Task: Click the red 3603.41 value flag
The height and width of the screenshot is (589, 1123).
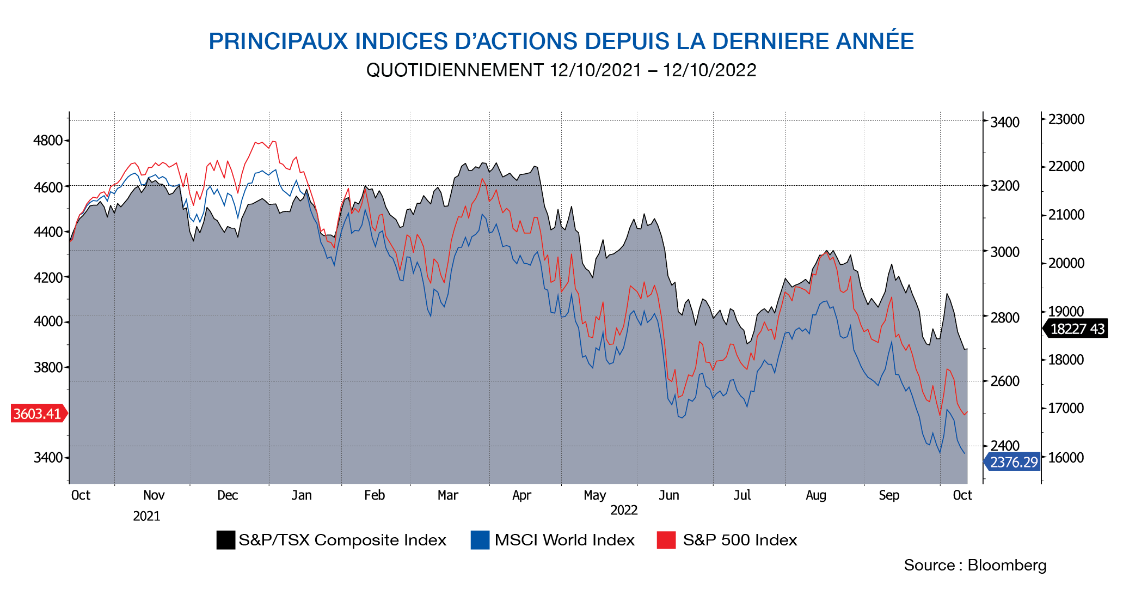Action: click(x=38, y=414)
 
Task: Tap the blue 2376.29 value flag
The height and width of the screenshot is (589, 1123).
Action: click(x=1013, y=462)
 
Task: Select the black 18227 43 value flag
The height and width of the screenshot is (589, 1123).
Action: click(x=1077, y=329)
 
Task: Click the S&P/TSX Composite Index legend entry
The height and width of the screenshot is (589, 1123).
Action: click(x=332, y=540)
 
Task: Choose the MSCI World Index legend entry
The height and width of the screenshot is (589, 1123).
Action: click(x=553, y=540)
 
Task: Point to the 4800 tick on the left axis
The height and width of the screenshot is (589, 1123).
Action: click(x=48, y=141)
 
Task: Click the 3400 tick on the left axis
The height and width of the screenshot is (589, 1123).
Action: click(x=48, y=457)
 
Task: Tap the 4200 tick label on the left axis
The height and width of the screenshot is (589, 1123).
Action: click(x=48, y=277)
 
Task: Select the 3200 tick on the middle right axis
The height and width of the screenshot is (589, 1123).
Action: click(x=1004, y=186)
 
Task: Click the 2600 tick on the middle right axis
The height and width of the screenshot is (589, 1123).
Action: click(x=1004, y=381)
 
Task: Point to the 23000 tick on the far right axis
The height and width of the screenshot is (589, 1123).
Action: click(x=1066, y=119)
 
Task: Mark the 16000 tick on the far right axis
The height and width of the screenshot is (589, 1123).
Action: click(x=1066, y=458)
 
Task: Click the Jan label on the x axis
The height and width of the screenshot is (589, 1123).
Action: click(x=302, y=495)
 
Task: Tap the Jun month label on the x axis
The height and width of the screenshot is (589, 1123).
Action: click(x=669, y=495)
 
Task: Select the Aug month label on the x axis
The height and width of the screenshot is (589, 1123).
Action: click(x=815, y=495)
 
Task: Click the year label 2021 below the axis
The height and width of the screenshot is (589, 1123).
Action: click(x=146, y=516)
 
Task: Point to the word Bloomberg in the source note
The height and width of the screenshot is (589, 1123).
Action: click(x=1007, y=566)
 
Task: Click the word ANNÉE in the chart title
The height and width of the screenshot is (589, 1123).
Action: click(x=875, y=41)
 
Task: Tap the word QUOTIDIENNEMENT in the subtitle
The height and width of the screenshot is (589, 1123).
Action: click(x=455, y=70)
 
